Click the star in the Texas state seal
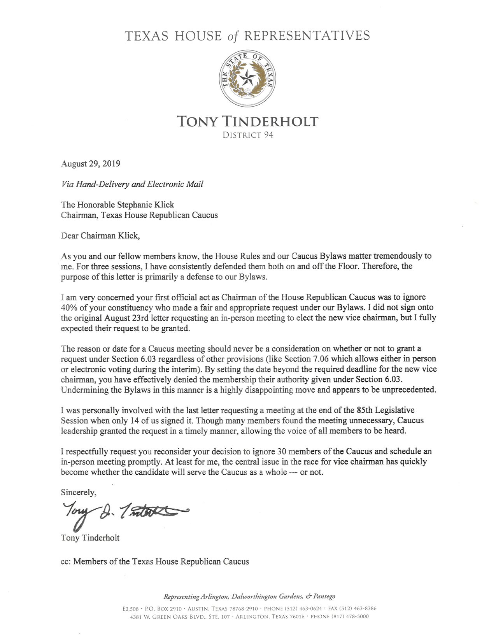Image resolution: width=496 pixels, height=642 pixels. pos(247,79)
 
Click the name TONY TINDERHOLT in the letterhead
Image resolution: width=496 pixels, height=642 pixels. pos(247,121)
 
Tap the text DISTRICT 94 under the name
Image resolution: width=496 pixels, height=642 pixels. pos(247,135)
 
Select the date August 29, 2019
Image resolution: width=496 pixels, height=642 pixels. pos(91,163)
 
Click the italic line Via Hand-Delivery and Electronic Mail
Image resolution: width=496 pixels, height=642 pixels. pos(132,184)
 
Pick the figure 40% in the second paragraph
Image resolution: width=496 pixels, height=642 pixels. pos(70,307)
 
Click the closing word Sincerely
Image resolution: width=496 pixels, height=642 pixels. pos(78,492)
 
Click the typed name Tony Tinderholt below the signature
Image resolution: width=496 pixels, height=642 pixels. pos(90,538)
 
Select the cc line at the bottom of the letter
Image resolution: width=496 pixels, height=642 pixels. pos(155,561)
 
